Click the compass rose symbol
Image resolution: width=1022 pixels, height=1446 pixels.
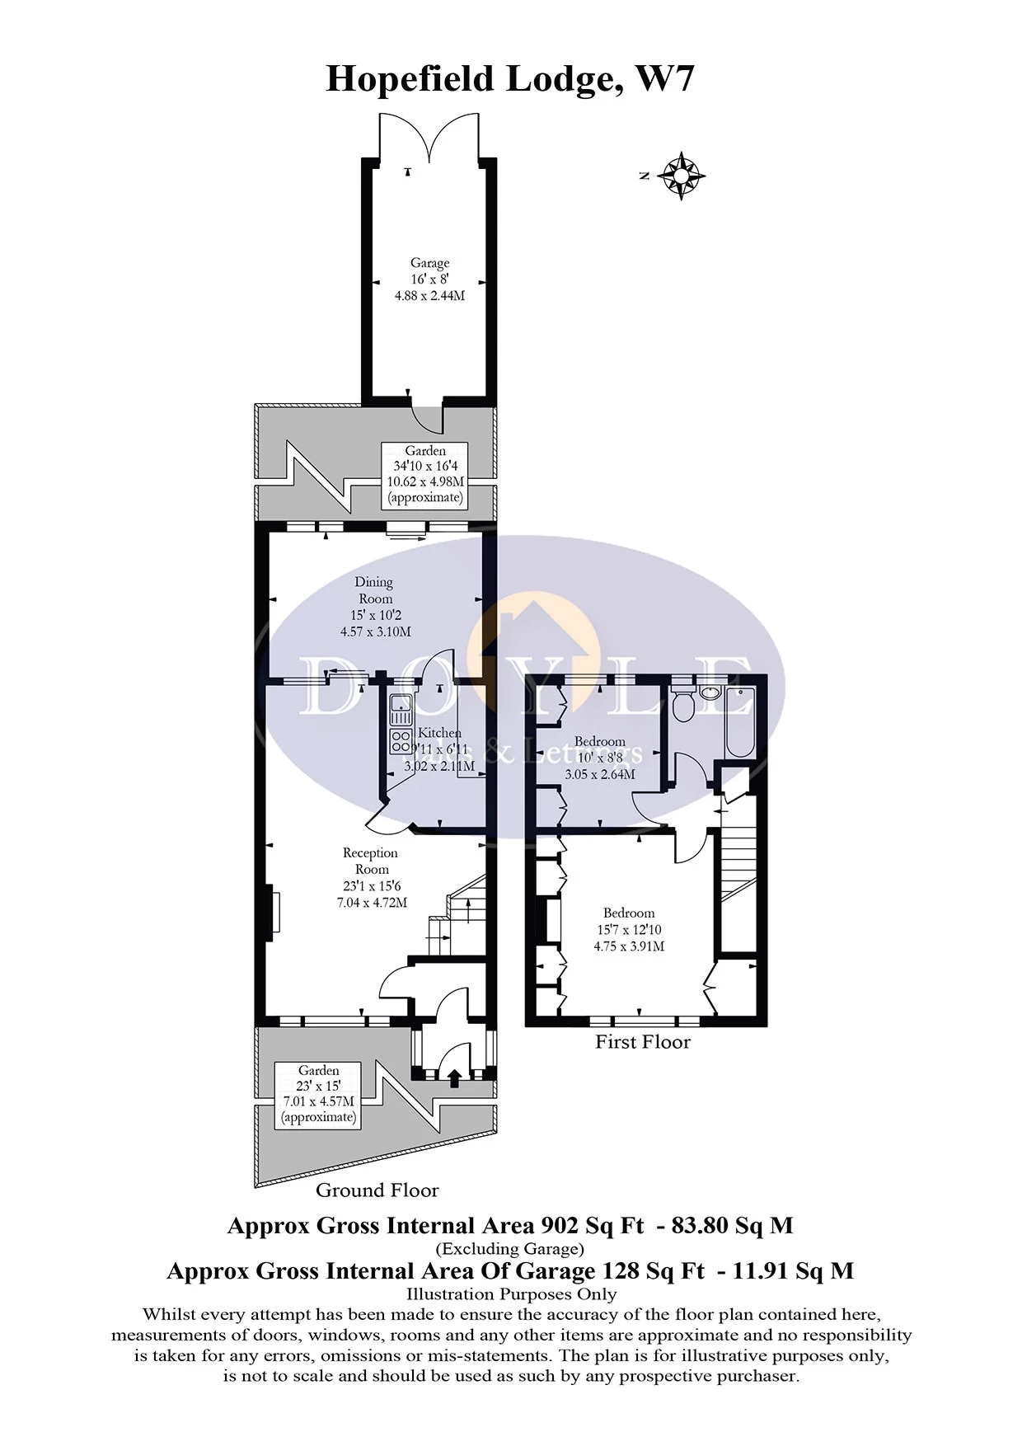coord(682,176)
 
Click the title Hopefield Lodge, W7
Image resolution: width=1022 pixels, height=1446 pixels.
coord(510,79)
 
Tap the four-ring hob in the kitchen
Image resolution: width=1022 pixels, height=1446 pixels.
coord(401,740)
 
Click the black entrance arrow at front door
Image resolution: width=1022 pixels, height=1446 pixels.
coord(453,1077)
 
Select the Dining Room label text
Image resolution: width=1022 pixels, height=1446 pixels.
coord(375,590)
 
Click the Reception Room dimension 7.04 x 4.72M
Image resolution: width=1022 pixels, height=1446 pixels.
coord(372,903)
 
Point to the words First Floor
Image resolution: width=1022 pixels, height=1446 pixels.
coord(643,1042)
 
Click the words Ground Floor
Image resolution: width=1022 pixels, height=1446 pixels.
coord(377,1190)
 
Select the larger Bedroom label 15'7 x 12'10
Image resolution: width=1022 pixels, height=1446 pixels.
coord(629,929)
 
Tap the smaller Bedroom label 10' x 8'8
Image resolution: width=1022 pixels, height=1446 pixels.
coord(600,758)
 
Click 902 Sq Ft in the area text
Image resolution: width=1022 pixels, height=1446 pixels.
coord(592,1226)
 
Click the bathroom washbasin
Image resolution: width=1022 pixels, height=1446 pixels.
coord(710,692)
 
